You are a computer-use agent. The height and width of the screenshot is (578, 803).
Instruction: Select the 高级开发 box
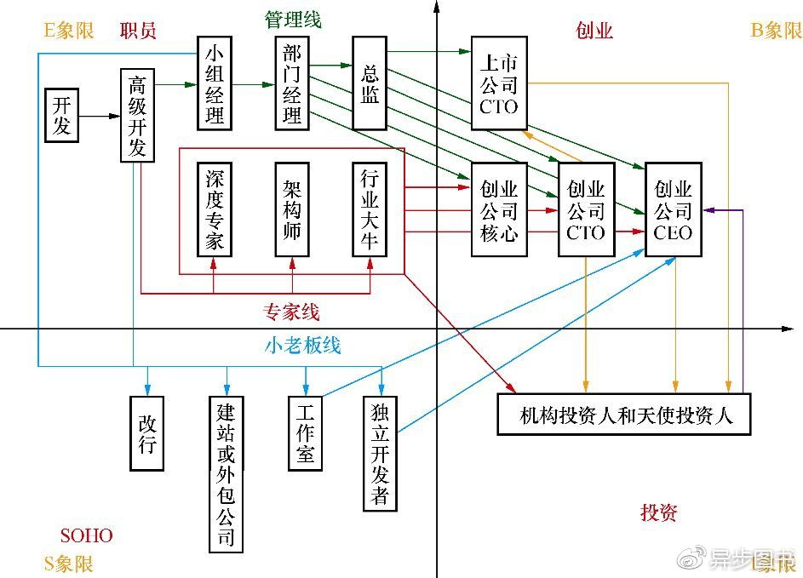click(138, 116)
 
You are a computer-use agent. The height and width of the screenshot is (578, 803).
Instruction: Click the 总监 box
click(370, 84)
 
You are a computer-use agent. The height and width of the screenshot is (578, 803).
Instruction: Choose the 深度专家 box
click(215, 209)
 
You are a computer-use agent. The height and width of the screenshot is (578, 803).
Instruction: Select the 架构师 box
click(292, 209)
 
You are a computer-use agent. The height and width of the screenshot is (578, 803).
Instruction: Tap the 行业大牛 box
click(370, 209)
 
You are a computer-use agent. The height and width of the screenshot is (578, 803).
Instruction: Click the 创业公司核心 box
click(499, 209)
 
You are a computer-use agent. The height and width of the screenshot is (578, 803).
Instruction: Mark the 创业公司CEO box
click(674, 209)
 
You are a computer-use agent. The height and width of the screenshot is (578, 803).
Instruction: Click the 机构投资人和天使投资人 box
click(624, 415)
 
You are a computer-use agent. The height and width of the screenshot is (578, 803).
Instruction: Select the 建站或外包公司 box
click(226, 473)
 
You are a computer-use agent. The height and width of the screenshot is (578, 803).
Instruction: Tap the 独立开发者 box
click(381, 454)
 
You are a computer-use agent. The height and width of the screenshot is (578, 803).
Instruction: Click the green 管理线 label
click(294, 19)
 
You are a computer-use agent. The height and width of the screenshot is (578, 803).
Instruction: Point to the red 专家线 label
click(292, 312)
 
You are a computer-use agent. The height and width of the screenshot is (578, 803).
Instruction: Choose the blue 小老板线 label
click(302, 345)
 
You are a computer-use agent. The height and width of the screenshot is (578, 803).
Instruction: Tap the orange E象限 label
click(69, 31)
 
